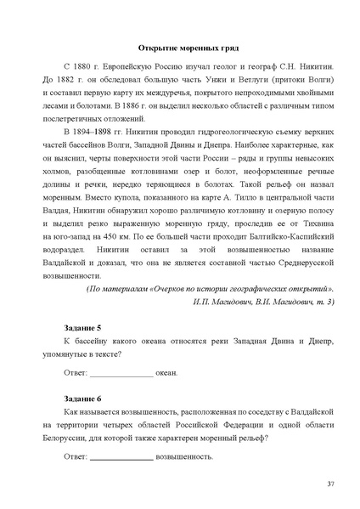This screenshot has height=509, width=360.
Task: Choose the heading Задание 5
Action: pyautogui.click(x=82, y=328)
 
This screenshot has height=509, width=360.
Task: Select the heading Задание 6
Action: pyautogui.click(x=82, y=398)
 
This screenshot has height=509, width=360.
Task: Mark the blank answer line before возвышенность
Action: pyautogui.click(x=121, y=457)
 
